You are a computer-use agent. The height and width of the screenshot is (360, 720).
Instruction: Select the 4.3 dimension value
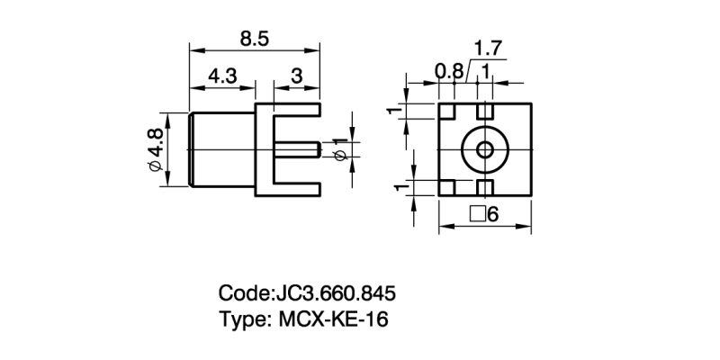(222, 77)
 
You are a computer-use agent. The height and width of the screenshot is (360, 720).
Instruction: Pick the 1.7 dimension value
(488, 47)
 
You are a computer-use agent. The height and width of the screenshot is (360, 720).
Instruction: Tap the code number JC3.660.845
(335, 294)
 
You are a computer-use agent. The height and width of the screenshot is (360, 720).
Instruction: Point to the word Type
(241, 319)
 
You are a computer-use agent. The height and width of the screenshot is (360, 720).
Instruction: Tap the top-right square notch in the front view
(484, 112)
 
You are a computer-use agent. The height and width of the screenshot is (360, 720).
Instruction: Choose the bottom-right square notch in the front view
(484, 187)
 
